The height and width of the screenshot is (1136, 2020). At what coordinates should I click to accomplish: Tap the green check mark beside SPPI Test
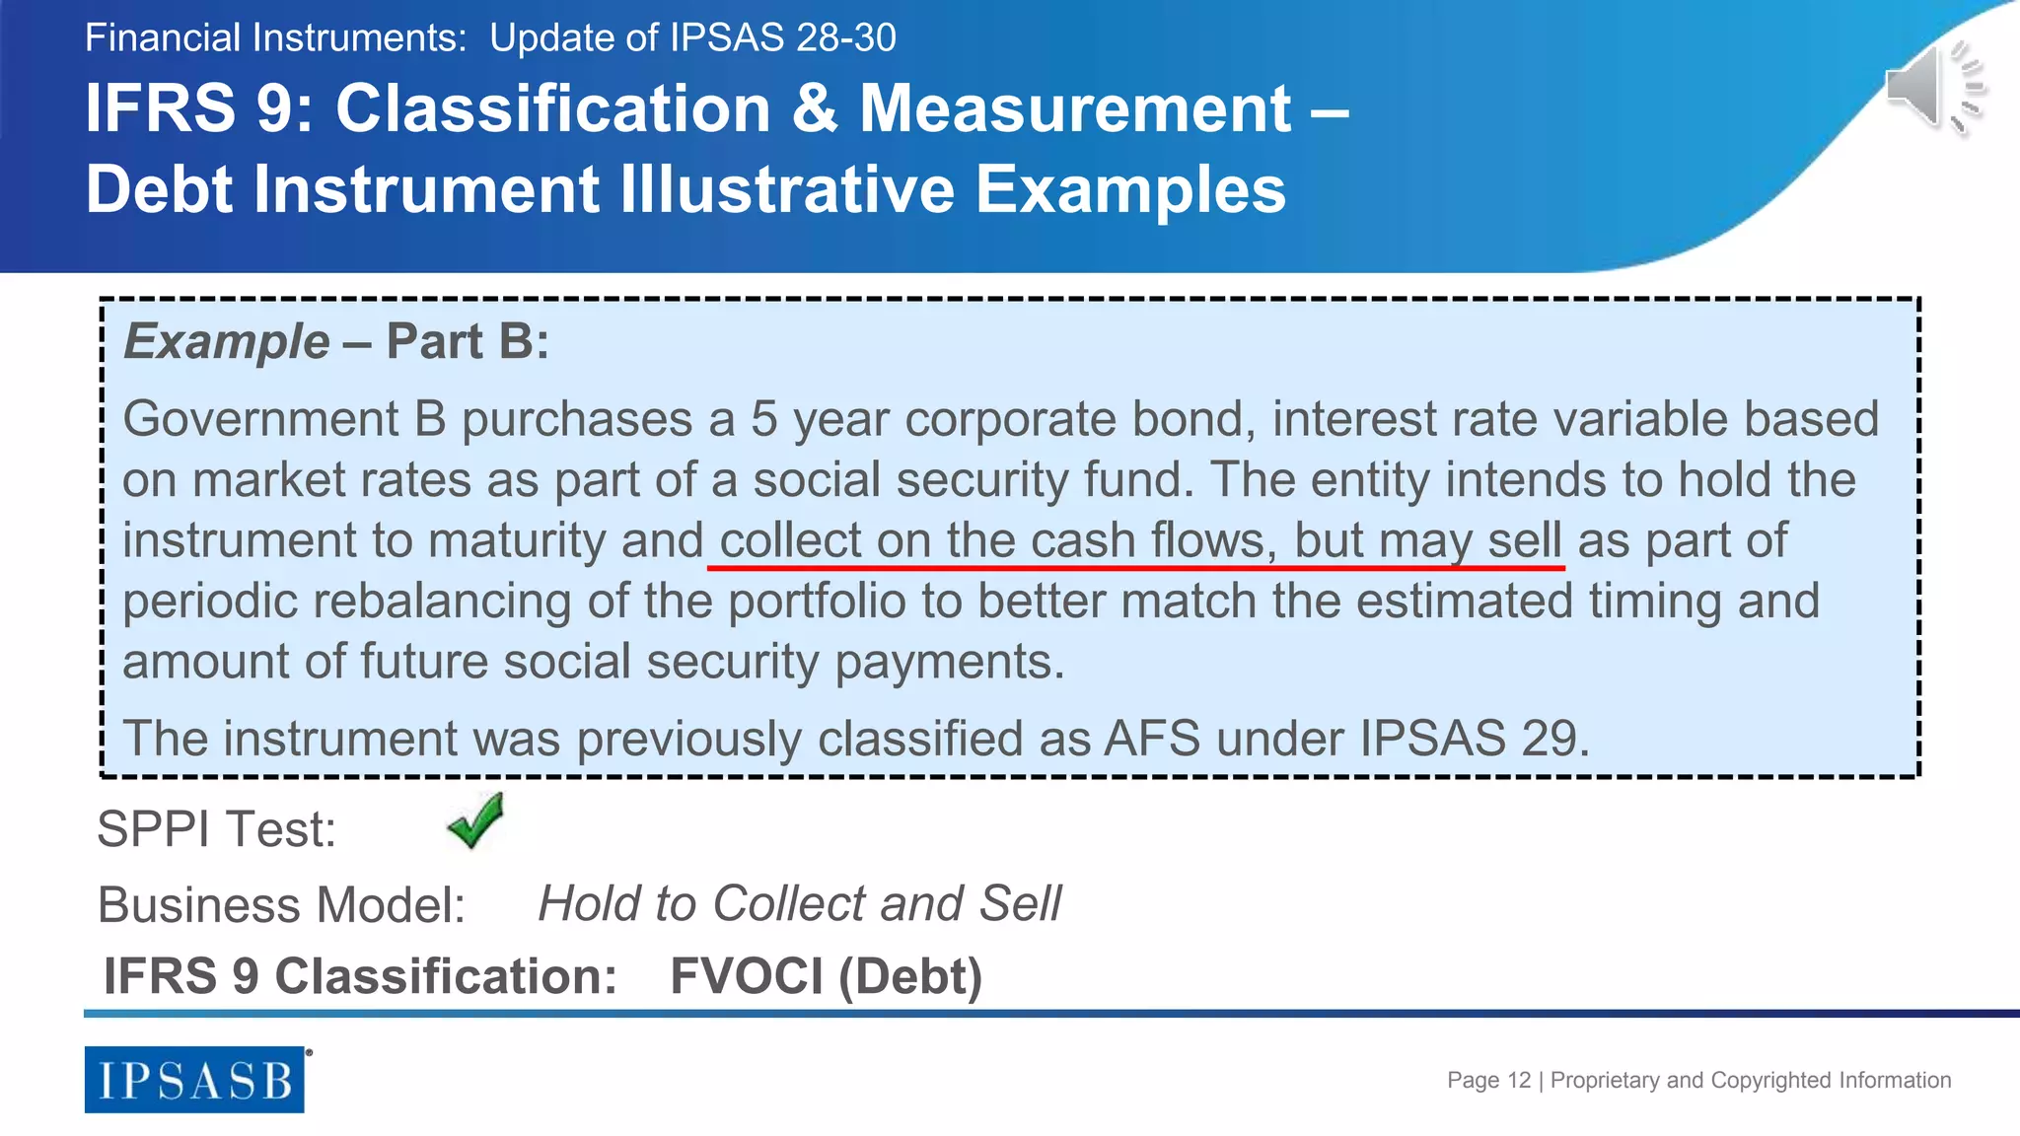[x=475, y=820]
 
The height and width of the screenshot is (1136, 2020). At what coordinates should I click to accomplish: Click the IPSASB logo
[x=194, y=1080]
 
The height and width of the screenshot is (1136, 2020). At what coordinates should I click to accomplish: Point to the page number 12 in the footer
[x=1519, y=1080]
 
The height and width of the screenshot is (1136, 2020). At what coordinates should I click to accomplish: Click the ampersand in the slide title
[x=815, y=107]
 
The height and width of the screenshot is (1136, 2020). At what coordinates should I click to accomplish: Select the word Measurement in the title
[x=1075, y=107]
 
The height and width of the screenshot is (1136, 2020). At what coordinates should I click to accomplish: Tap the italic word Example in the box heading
[x=226, y=341]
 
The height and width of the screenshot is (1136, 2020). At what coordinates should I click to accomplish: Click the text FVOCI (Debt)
[x=826, y=976]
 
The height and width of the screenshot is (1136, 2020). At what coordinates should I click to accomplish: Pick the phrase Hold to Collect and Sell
[x=799, y=903]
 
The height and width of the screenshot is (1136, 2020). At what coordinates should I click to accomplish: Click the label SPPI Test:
[x=216, y=828]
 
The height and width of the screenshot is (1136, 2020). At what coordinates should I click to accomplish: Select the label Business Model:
[x=281, y=904]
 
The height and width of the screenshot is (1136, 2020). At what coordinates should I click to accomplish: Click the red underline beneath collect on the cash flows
[x=1135, y=568]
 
